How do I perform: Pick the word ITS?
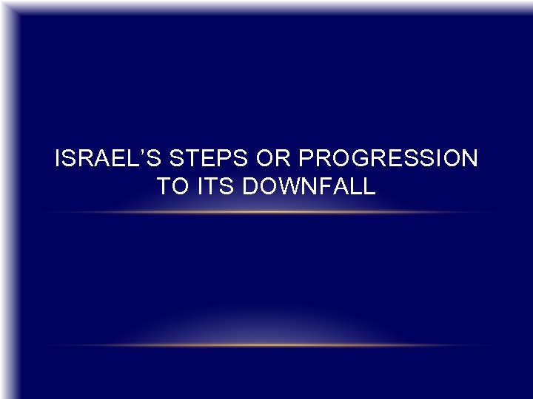(x=218, y=187)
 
